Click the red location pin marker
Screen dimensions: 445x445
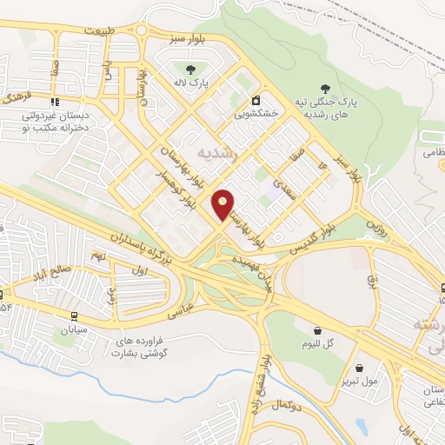223,205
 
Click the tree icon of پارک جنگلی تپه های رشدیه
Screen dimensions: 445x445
325,87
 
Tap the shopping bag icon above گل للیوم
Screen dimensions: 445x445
317,330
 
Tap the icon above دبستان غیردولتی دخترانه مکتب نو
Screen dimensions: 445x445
56,103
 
